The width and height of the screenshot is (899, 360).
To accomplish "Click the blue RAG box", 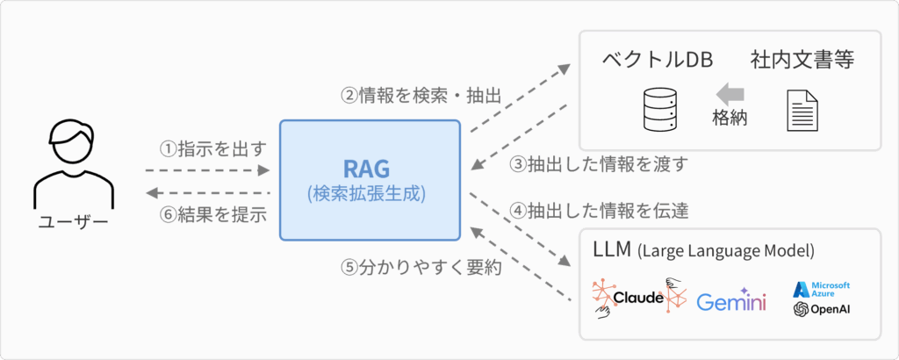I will pos(370,180).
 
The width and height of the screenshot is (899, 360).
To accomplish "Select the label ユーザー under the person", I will pos(73,223).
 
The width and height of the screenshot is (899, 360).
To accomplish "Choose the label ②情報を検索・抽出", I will pos(421,96).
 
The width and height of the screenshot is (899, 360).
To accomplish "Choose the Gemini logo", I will pos(731,301).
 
